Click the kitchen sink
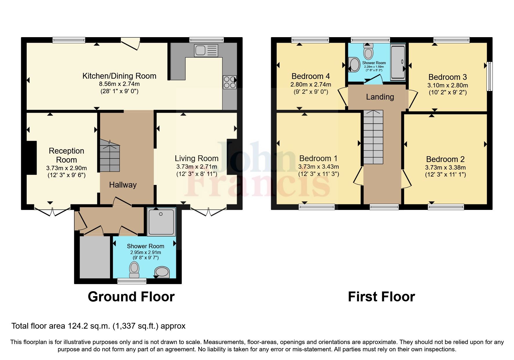pyautogui.click(x=206, y=51)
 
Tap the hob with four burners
pyautogui.click(x=229, y=82)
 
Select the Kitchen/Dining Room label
pyautogui.click(x=119, y=76)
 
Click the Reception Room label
pyautogui.click(x=66, y=155)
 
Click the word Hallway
pyautogui.click(x=123, y=185)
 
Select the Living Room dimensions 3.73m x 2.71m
pyautogui.click(x=196, y=167)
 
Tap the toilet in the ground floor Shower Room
pyautogui.click(x=134, y=270)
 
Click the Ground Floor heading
pyautogui.click(x=131, y=297)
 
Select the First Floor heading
pyautogui.click(x=381, y=297)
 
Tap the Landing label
pyautogui.click(x=380, y=97)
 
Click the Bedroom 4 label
pyautogui.click(x=311, y=76)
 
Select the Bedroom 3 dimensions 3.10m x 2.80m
pyautogui.click(x=448, y=86)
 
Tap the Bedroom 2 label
pyautogui.click(x=445, y=159)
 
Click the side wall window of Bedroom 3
pyautogui.click(x=489, y=76)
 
